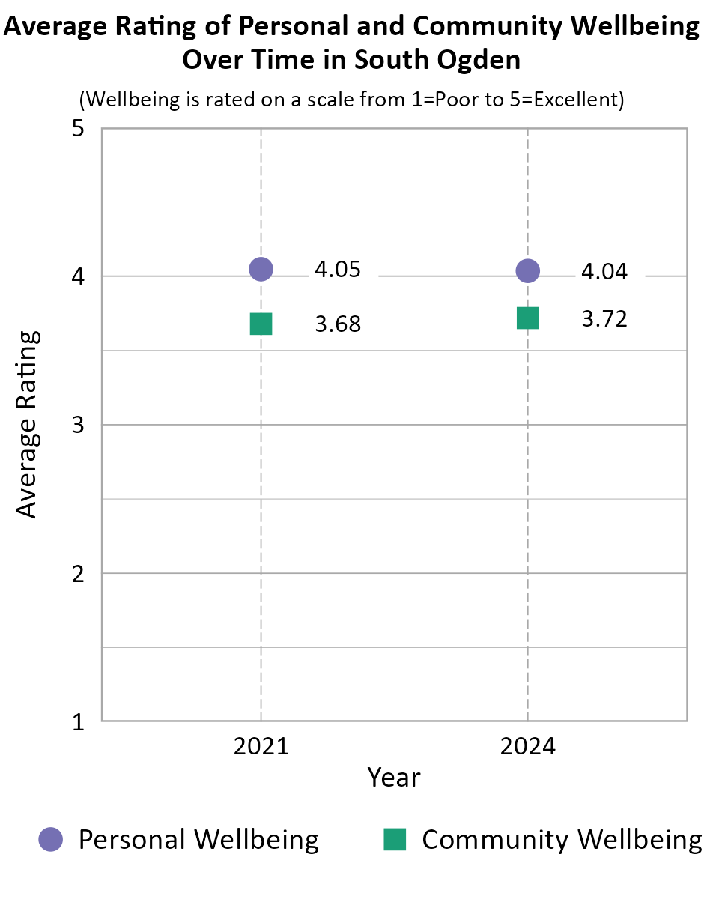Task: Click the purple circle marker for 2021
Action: click(x=261, y=268)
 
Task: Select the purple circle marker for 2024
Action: click(x=528, y=270)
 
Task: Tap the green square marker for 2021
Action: click(x=261, y=324)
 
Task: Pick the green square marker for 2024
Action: click(x=528, y=318)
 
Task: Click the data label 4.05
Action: click(x=337, y=270)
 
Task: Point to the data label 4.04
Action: click(x=604, y=272)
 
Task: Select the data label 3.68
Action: click(x=337, y=325)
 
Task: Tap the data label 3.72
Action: click(x=604, y=319)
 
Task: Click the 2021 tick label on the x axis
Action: click(x=261, y=747)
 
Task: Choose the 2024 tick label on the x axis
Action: click(x=528, y=747)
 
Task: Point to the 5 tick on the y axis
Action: click(x=78, y=129)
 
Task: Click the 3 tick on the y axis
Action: click(x=78, y=426)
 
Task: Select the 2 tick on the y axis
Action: click(x=78, y=574)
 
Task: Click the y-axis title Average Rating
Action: click(x=27, y=424)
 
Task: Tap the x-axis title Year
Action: click(x=394, y=778)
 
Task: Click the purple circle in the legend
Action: click(x=51, y=839)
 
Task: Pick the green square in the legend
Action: click(x=395, y=839)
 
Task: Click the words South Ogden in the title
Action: click(x=437, y=59)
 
